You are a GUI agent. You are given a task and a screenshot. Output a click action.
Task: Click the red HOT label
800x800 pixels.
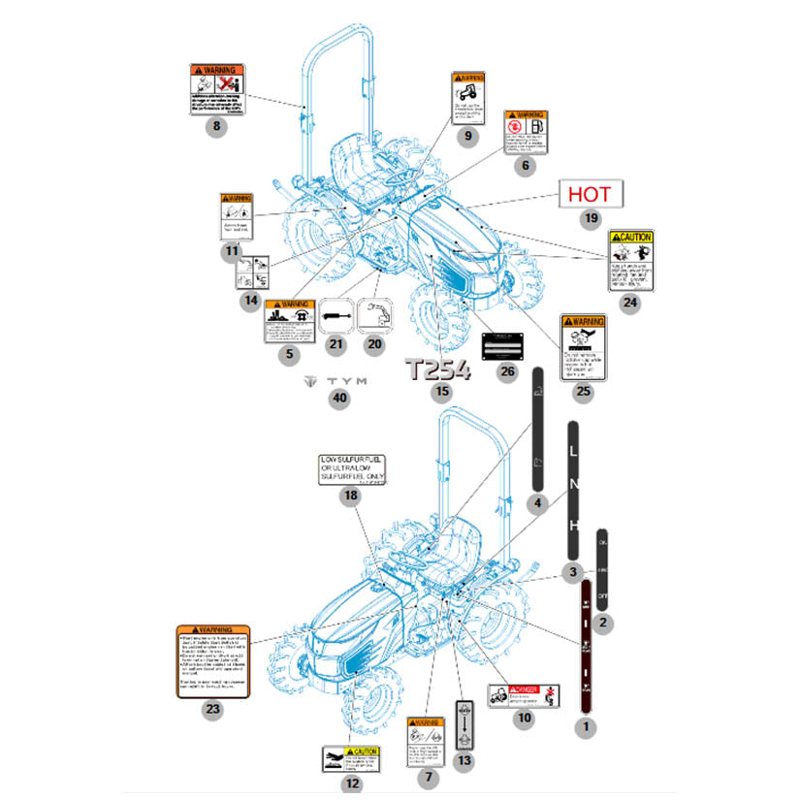click(591, 194)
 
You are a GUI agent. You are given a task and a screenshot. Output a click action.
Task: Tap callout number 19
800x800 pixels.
click(592, 219)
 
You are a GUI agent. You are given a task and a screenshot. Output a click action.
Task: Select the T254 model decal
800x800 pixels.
click(437, 369)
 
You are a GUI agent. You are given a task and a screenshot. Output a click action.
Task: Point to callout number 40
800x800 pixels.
click(337, 400)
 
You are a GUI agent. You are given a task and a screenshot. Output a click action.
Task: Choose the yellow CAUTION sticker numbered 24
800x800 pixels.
click(630, 259)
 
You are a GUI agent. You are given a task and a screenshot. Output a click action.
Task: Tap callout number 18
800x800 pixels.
click(350, 496)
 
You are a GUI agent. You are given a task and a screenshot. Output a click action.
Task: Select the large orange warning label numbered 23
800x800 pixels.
click(213, 659)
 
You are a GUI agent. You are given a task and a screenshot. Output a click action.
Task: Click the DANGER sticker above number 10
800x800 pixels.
click(524, 695)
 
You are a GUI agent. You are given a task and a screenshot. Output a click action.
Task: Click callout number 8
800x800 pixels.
click(217, 126)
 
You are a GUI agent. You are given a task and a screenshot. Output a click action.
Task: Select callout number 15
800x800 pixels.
click(442, 392)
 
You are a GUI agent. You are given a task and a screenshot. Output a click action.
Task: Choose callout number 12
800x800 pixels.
click(352, 784)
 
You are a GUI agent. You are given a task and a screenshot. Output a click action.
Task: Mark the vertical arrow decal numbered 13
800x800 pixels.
click(464, 723)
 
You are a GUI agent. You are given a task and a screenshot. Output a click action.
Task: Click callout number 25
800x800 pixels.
click(583, 392)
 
